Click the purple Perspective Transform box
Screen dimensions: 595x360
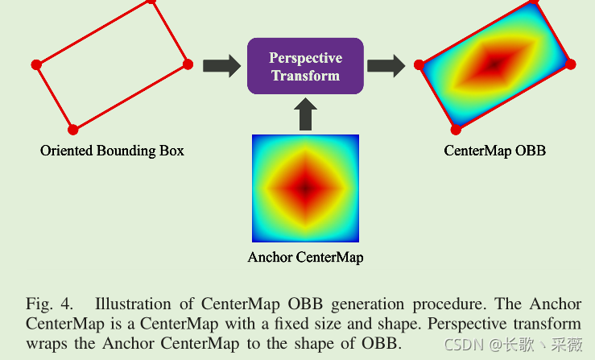pyautogui.click(x=305, y=66)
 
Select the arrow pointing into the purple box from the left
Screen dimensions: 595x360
pyautogui.click(x=221, y=66)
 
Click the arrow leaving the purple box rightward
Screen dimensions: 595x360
pyautogui.click(x=386, y=66)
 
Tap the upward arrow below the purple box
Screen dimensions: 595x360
pyautogui.click(x=305, y=114)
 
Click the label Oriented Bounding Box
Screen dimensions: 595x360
pyautogui.click(x=113, y=151)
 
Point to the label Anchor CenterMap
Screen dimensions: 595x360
pyautogui.click(x=305, y=258)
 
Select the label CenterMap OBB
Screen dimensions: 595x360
pyautogui.click(x=495, y=151)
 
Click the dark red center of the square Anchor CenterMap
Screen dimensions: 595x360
pyautogui.click(x=305, y=188)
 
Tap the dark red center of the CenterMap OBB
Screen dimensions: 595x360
pyautogui.click(x=494, y=64)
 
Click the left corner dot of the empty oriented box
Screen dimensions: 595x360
pyautogui.click(x=36, y=65)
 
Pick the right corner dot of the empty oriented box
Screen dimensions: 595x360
pyautogui.click(x=188, y=64)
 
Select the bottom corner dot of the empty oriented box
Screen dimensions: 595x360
pyautogui.click(x=72, y=130)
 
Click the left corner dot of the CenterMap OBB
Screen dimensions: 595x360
pyautogui.click(x=419, y=65)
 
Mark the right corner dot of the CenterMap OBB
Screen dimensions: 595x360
pyautogui.click(x=570, y=64)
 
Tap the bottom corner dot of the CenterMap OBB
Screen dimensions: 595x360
pyautogui.click(x=456, y=130)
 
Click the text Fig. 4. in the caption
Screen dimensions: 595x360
pyautogui.click(x=49, y=304)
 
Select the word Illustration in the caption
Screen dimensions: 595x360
pyautogui.click(x=133, y=304)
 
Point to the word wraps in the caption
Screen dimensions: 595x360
pyautogui.click(x=46, y=345)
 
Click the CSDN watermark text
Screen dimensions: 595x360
pyautogui.click(x=513, y=345)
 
